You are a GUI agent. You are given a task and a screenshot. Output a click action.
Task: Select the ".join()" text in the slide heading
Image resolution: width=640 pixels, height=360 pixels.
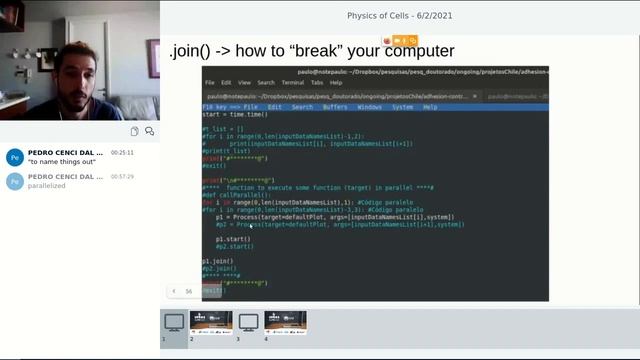(x=195, y=51)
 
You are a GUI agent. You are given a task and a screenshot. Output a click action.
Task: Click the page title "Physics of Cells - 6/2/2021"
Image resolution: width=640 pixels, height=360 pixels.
(x=400, y=15)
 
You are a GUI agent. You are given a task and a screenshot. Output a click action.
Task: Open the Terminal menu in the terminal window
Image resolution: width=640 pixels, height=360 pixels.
(x=293, y=82)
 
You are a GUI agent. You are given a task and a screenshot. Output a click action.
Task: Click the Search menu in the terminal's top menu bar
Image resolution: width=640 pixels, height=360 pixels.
(x=265, y=82)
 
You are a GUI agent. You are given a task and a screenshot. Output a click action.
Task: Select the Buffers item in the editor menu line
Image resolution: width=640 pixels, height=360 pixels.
(x=335, y=106)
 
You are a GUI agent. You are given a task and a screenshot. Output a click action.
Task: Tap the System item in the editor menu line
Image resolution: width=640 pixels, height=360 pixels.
(x=403, y=106)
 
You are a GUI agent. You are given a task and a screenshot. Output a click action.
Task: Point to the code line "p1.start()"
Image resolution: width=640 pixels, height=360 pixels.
(x=233, y=239)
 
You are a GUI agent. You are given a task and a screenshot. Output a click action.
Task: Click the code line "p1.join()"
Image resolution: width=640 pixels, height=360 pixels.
(x=217, y=261)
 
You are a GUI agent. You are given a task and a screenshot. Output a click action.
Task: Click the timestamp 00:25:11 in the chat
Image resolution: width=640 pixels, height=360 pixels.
(x=121, y=153)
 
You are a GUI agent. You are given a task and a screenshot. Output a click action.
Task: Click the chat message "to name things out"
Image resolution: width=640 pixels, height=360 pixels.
(x=61, y=162)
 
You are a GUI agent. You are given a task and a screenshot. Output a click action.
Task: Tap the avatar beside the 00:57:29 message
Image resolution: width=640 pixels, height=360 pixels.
(x=14, y=181)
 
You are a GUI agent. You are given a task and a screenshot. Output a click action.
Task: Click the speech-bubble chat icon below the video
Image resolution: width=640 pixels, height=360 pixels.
(x=149, y=131)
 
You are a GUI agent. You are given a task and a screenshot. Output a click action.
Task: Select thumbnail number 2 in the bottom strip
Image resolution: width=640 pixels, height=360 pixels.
(x=211, y=322)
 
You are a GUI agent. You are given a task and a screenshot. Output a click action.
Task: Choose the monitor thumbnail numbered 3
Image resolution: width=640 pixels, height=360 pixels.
(x=248, y=322)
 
